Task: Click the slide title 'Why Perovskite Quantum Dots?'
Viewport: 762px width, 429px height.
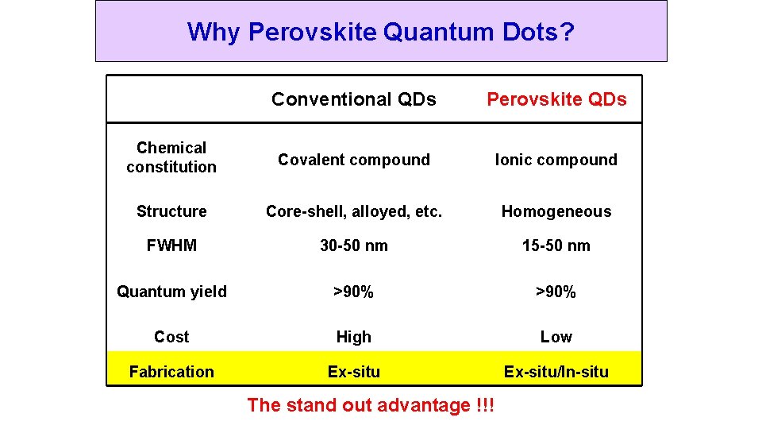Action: click(381, 32)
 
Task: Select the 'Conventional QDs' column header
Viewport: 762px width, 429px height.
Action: click(353, 99)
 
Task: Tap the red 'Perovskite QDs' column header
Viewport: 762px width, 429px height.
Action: click(556, 99)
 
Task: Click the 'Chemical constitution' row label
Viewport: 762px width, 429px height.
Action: click(171, 157)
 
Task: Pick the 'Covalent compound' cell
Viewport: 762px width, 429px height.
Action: click(353, 160)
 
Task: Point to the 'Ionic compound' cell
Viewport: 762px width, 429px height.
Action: click(556, 160)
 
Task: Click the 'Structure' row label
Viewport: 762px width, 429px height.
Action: click(171, 211)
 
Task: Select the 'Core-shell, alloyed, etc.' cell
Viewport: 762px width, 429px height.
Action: click(353, 211)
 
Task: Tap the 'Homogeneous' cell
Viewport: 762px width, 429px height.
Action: click(556, 211)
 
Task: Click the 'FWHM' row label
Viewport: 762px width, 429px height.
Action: click(171, 245)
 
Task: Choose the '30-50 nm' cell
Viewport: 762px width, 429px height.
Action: click(353, 245)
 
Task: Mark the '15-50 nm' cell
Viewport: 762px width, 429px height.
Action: click(556, 245)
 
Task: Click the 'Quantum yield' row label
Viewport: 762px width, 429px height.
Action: click(171, 292)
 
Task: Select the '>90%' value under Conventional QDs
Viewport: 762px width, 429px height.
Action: click(353, 292)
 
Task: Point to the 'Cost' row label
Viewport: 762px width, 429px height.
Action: click(171, 337)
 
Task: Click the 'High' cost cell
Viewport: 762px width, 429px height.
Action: click(353, 337)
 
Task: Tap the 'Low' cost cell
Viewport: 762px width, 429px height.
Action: click(556, 337)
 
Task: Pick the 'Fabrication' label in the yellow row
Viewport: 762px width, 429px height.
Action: click(171, 372)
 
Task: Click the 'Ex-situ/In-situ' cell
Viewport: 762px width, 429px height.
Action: click(556, 372)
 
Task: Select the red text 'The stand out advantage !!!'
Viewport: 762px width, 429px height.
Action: click(371, 405)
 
